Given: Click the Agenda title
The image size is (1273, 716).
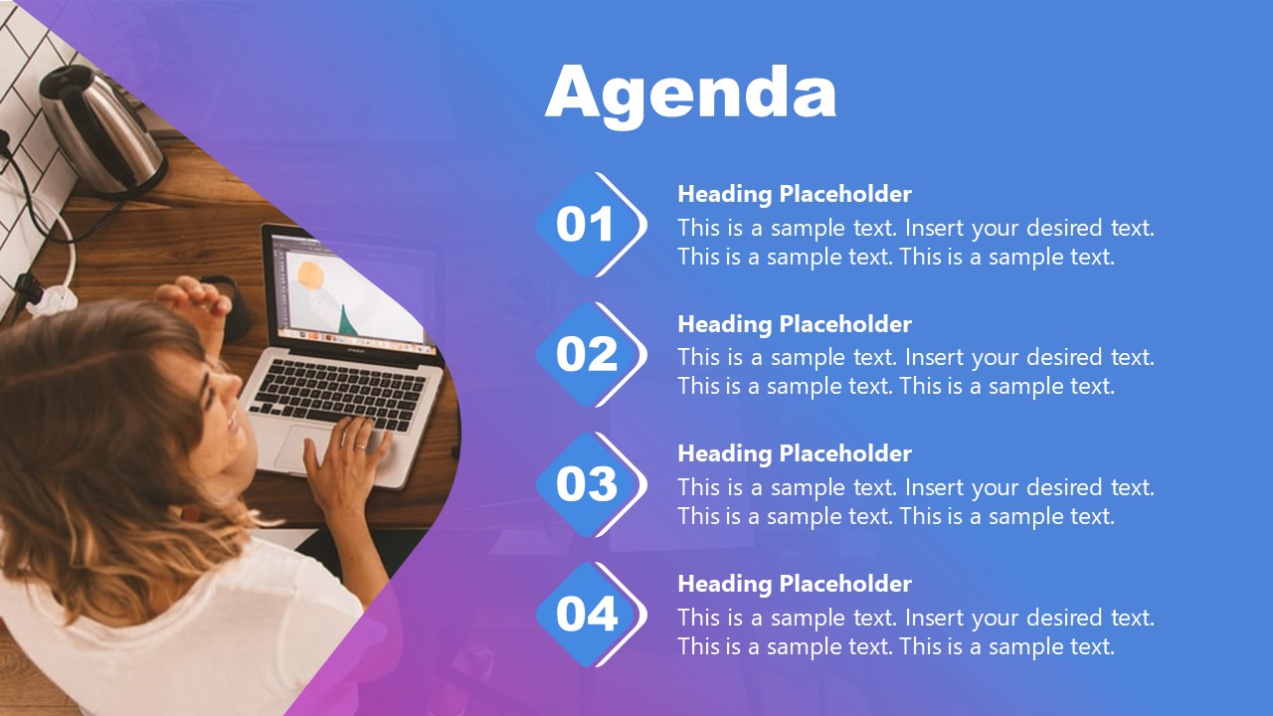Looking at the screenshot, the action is [690, 95].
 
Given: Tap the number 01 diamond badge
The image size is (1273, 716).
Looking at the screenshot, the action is [591, 225].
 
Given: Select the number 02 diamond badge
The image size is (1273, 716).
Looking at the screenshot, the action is [591, 355].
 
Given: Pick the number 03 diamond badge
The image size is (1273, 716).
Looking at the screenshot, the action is [591, 484].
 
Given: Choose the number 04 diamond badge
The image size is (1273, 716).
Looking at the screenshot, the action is [591, 615].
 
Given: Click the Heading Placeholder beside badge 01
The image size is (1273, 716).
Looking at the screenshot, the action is [795, 194].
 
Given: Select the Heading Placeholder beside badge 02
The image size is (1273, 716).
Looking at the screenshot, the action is [795, 324].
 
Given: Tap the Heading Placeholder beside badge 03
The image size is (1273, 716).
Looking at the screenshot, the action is [795, 453].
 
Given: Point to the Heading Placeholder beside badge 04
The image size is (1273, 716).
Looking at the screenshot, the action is [795, 584].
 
